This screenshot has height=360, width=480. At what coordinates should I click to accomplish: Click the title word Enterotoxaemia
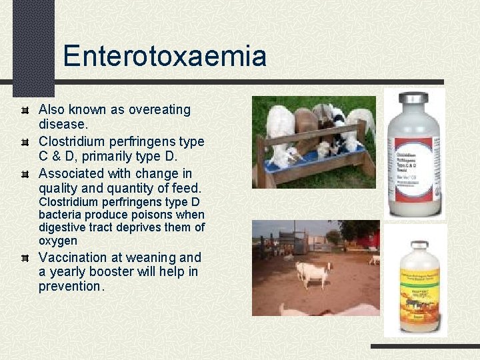click(165, 56)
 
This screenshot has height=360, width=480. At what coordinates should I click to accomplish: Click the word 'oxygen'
click(58, 241)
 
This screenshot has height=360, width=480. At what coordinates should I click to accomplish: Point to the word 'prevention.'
click(71, 287)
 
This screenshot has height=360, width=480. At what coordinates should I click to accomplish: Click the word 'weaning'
click(153, 257)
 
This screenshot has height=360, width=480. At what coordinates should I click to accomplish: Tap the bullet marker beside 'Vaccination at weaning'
click(25, 258)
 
